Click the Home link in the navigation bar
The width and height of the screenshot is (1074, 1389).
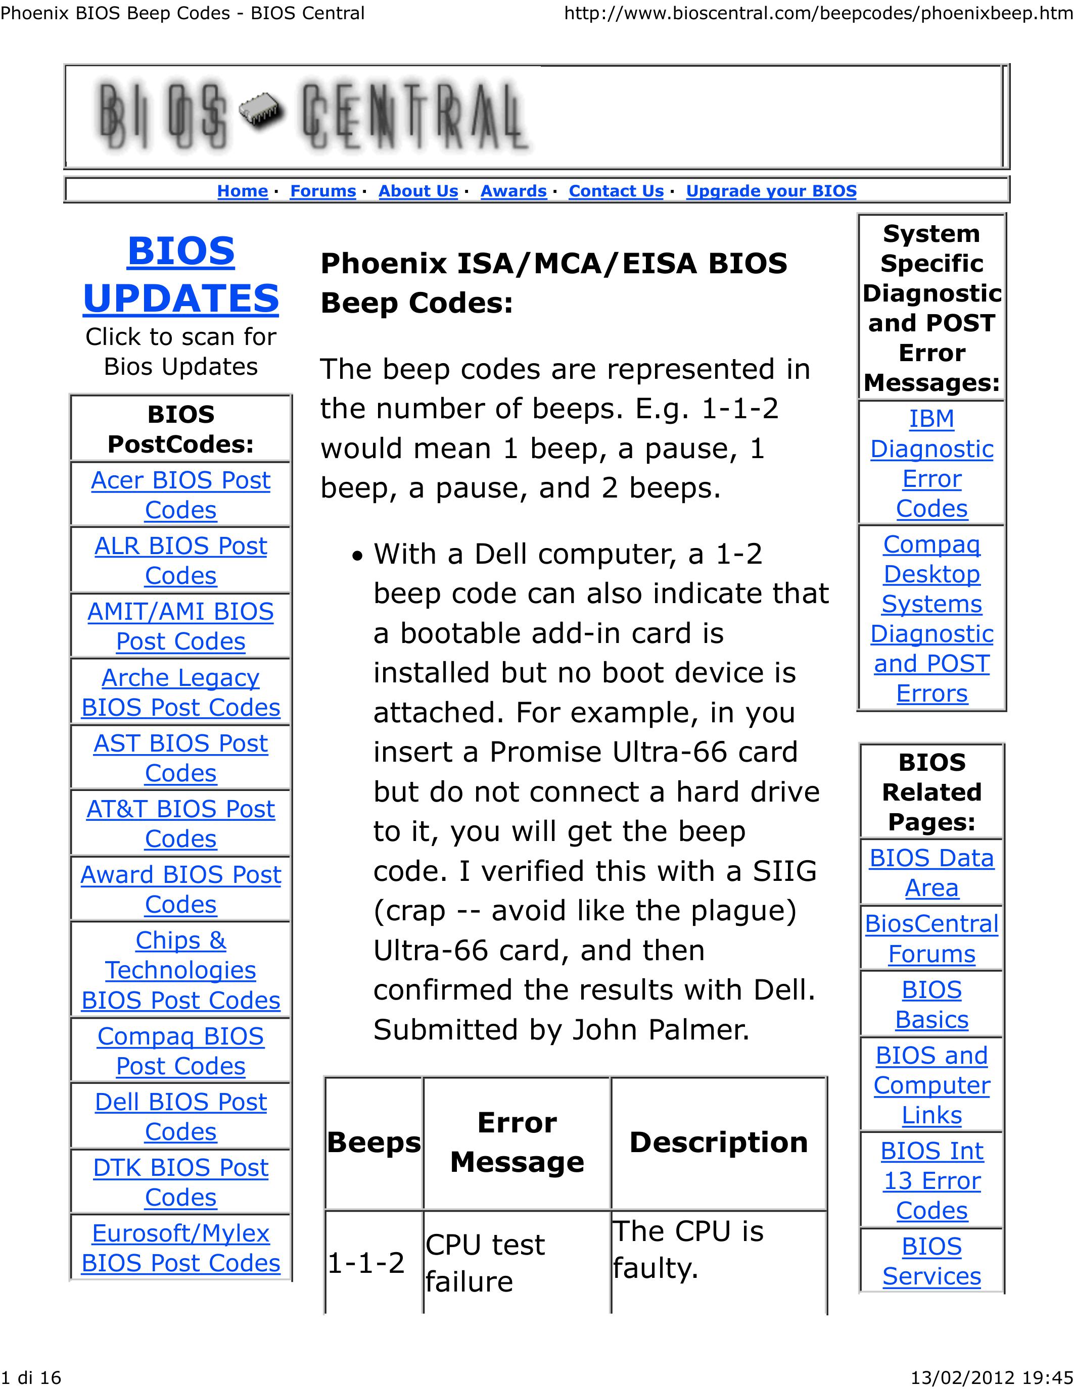coord(243,191)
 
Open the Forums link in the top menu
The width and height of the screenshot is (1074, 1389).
coord(322,191)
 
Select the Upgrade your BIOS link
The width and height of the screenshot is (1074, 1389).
coord(771,191)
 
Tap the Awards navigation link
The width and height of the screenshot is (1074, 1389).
coord(513,191)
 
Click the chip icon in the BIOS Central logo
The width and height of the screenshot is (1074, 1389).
coord(261,112)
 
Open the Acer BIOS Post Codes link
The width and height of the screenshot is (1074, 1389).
coord(181,495)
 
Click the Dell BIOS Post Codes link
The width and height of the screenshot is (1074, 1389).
coord(181,1116)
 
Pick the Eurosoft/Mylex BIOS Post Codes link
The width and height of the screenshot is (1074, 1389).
coord(181,1248)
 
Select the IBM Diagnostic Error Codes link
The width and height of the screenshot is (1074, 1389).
coord(931,463)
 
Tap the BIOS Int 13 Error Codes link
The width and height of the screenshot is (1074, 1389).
coord(931,1180)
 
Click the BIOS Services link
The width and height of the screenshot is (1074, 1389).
coord(931,1261)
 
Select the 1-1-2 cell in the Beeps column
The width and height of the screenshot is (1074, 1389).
coord(366,1262)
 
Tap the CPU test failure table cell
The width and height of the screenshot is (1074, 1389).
coord(485,1262)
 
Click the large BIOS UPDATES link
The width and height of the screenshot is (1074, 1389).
coord(181,274)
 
